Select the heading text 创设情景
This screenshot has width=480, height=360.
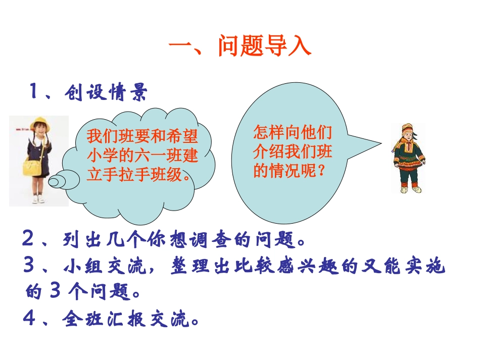point(106,92)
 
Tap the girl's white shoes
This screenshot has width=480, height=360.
point(38,200)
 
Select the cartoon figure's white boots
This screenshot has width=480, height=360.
point(410,189)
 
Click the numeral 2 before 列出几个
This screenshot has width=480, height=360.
point(28,239)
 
